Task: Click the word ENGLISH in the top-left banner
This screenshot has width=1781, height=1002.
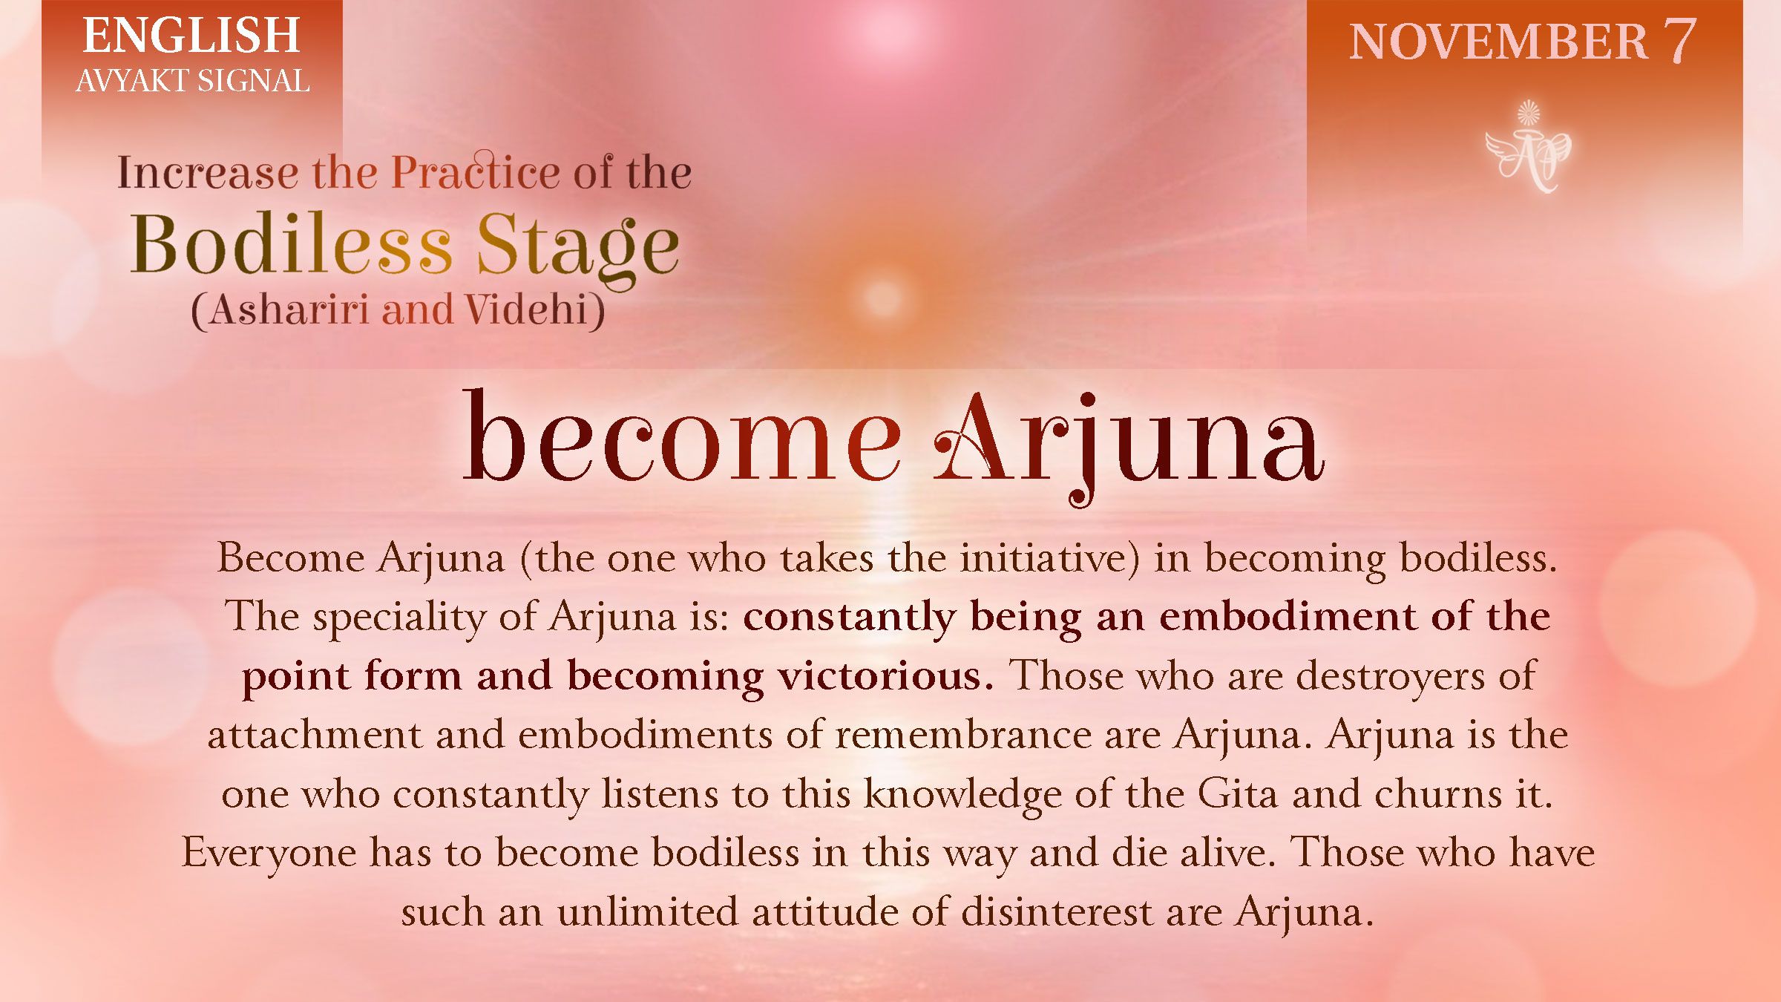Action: [x=191, y=36]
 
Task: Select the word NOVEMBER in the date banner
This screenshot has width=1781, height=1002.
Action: [x=1498, y=42]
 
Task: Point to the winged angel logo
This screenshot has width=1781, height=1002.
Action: [x=1528, y=148]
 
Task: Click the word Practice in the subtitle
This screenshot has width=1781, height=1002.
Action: [x=475, y=172]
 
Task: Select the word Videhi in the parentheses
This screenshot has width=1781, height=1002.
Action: [x=528, y=310]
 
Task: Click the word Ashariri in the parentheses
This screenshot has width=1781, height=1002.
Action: [x=289, y=310]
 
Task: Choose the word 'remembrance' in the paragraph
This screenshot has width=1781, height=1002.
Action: [x=963, y=735]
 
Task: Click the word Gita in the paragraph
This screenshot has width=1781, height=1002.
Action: [x=1237, y=793]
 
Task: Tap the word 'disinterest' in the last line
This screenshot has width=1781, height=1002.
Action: [x=1056, y=911]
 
